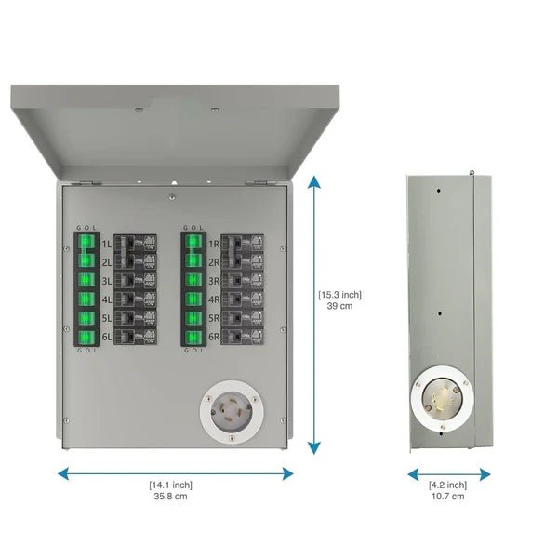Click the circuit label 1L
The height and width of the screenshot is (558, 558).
tap(106, 244)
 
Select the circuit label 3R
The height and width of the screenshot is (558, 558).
tap(214, 280)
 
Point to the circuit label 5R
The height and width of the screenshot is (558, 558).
tap(214, 317)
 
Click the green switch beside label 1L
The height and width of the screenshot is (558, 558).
tap(86, 244)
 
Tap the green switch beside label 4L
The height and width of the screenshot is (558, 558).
tap(86, 299)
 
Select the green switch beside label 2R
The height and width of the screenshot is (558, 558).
tap(193, 261)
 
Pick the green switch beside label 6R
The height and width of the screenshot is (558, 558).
tap(193, 336)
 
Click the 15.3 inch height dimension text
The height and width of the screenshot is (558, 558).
tap(340, 295)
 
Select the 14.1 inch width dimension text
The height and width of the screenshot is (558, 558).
tap(171, 484)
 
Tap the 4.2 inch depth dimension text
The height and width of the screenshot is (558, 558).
tap(448, 484)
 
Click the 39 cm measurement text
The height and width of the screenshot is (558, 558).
tap(340, 307)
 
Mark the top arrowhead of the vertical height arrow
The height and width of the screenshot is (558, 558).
tap(314, 179)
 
